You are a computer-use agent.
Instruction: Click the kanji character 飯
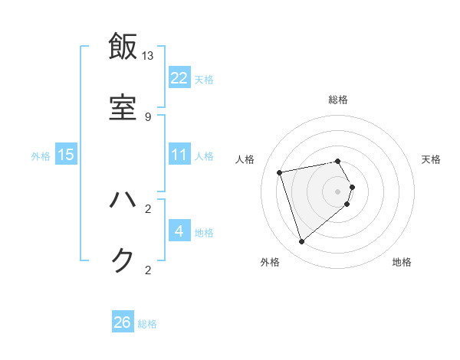[123, 47]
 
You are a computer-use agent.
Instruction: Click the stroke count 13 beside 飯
[148, 56]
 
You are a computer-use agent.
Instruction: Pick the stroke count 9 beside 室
[148, 117]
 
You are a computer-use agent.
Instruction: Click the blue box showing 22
[179, 78]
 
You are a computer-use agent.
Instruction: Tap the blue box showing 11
[179, 155]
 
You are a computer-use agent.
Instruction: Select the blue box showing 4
[179, 231]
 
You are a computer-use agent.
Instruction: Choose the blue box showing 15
[66, 155]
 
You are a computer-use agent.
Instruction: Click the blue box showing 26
[123, 322]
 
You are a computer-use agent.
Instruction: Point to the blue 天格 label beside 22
[204, 80]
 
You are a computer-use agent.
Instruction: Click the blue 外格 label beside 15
[41, 156]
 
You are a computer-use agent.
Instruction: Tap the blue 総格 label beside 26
[147, 324]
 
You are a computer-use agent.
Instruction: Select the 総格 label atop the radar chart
[338, 100]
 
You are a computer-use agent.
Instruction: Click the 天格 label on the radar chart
[432, 159]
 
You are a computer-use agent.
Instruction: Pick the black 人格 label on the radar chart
[245, 159]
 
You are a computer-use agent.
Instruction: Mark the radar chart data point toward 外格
[301, 241]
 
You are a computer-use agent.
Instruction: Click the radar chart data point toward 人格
[280, 172]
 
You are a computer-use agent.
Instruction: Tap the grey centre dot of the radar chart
[337, 191]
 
